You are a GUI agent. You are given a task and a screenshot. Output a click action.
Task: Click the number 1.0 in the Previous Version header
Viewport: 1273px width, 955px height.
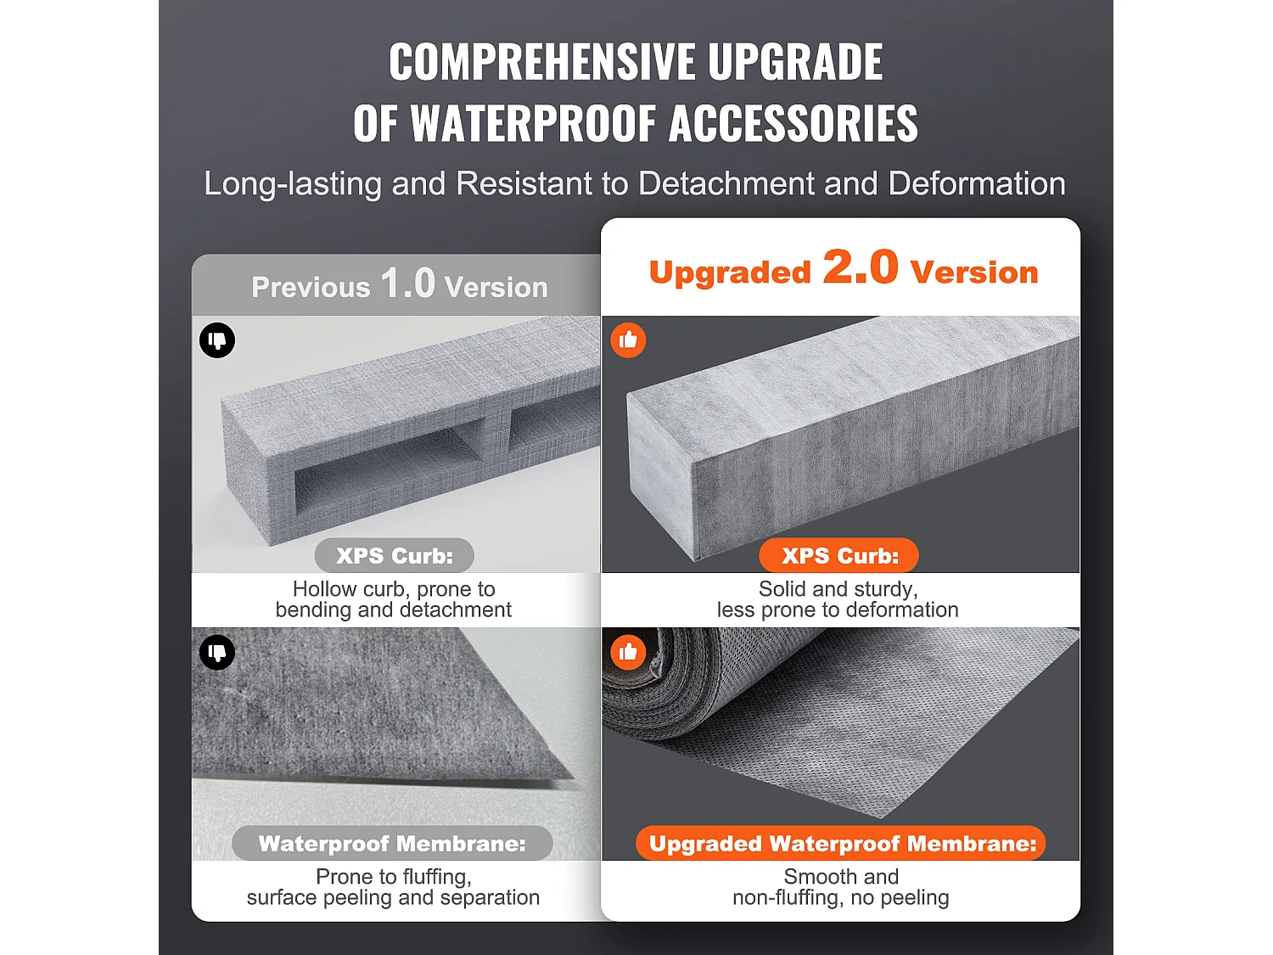click(x=407, y=283)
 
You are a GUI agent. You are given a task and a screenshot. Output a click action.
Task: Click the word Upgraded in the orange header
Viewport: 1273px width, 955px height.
click(x=730, y=272)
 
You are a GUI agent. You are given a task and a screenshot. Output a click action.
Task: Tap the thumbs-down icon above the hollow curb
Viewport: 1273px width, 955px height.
click(x=217, y=340)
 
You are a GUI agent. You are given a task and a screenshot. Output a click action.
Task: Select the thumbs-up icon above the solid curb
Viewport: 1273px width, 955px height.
click(x=628, y=340)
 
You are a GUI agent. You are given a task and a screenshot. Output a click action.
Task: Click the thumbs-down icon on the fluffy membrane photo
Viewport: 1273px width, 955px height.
click(x=217, y=652)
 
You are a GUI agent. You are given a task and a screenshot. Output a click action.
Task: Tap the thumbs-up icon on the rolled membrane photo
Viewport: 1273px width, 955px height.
click(x=628, y=652)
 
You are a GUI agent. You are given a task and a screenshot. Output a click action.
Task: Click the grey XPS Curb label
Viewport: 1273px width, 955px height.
click(x=395, y=555)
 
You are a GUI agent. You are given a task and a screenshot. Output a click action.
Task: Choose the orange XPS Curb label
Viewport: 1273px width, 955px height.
click(x=839, y=555)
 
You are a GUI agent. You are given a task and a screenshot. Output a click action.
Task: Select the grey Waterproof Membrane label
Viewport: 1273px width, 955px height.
click(x=392, y=844)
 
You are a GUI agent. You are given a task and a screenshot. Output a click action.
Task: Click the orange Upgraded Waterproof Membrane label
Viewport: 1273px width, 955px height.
click(x=842, y=844)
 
